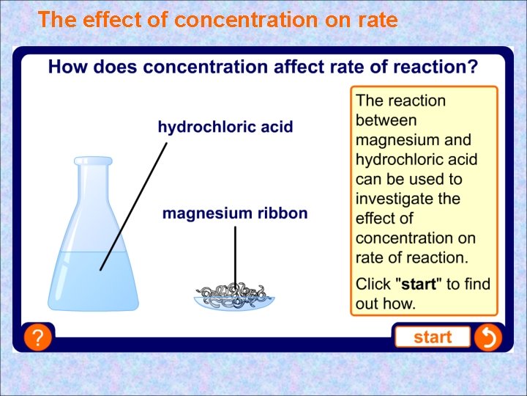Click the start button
[x=432, y=337]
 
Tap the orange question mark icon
[x=37, y=337]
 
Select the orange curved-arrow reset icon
[x=487, y=337]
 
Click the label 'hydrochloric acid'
[x=225, y=127]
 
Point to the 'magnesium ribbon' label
[x=235, y=213]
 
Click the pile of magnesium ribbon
[x=234, y=294]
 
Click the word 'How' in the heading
[x=65, y=67]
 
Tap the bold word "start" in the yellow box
[x=418, y=284]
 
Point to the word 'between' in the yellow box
[x=386, y=120]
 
